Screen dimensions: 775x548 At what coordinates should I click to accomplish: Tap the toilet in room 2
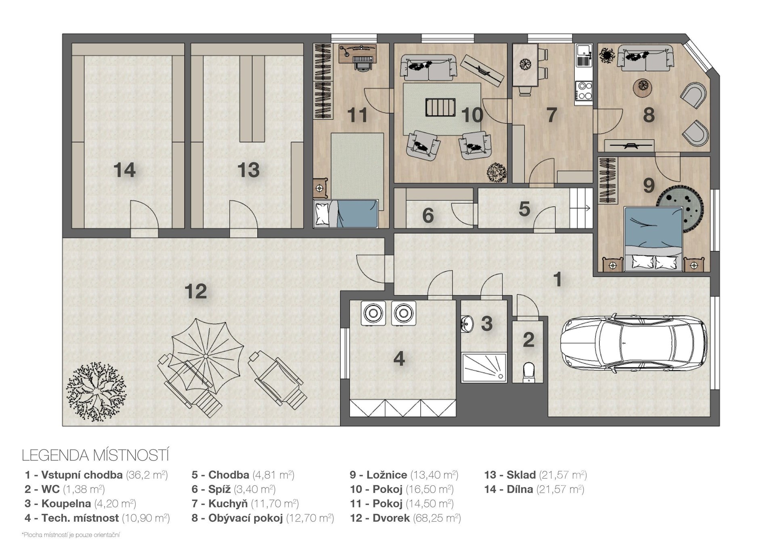[x=528, y=372]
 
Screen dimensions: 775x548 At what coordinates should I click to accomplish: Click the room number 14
[x=124, y=170]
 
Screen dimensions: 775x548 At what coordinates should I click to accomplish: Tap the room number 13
[x=248, y=170]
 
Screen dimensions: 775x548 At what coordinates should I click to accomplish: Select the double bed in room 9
[x=653, y=239]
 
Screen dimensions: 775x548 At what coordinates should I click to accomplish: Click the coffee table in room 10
[x=440, y=107]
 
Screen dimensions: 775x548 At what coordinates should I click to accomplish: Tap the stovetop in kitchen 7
[x=584, y=90]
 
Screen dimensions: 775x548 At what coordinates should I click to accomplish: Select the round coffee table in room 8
[x=642, y=87]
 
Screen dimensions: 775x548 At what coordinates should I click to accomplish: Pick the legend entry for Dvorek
[x=405, y=518]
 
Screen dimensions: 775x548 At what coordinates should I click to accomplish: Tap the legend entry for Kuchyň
[x=245, y=504]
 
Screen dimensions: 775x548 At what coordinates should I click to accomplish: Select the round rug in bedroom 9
[x=680, y=208]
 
